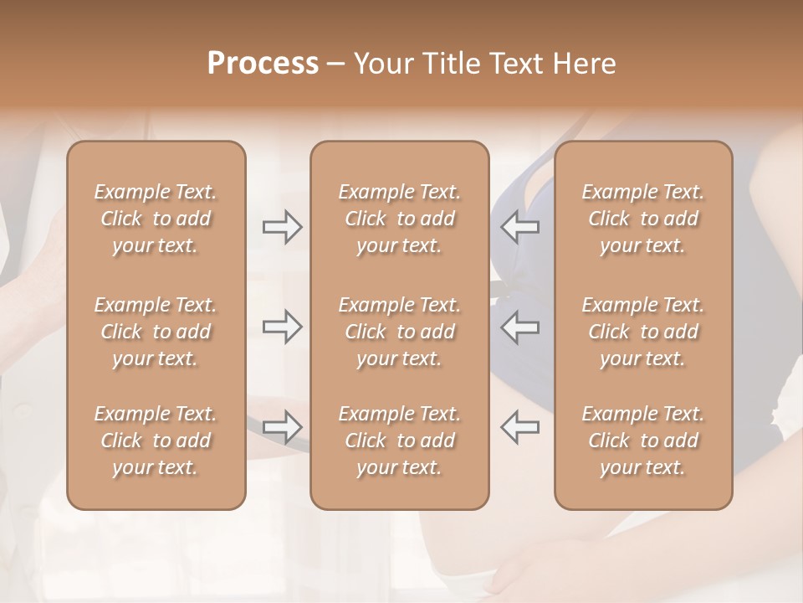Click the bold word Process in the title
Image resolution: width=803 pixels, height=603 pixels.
[263, 64]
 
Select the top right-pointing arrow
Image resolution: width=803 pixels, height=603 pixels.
[282, 227]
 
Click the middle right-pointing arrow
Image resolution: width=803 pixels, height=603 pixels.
[282, 327]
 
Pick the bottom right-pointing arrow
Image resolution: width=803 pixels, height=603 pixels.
[282, 427]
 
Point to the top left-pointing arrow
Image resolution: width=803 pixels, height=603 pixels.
[519, 227]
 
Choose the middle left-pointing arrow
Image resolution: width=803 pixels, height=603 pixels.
[519, 327]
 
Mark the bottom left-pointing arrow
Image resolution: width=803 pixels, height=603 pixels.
[519, 427]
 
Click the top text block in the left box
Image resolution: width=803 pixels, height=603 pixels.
[156, 219]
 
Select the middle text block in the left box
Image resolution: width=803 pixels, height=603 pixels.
[156, 332]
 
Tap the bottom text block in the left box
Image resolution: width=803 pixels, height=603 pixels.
[156, 441]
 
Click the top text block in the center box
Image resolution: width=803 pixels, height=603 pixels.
[400, 219]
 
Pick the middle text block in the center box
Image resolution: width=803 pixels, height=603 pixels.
[400, 332]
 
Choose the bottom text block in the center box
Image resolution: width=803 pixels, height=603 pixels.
[400, 441]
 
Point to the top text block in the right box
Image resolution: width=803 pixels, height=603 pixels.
[643, 219]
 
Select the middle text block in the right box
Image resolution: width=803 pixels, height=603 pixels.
[643, 332]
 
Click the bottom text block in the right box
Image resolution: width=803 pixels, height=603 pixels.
[643, 441]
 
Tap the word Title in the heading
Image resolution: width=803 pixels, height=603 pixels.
[452, 64]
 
